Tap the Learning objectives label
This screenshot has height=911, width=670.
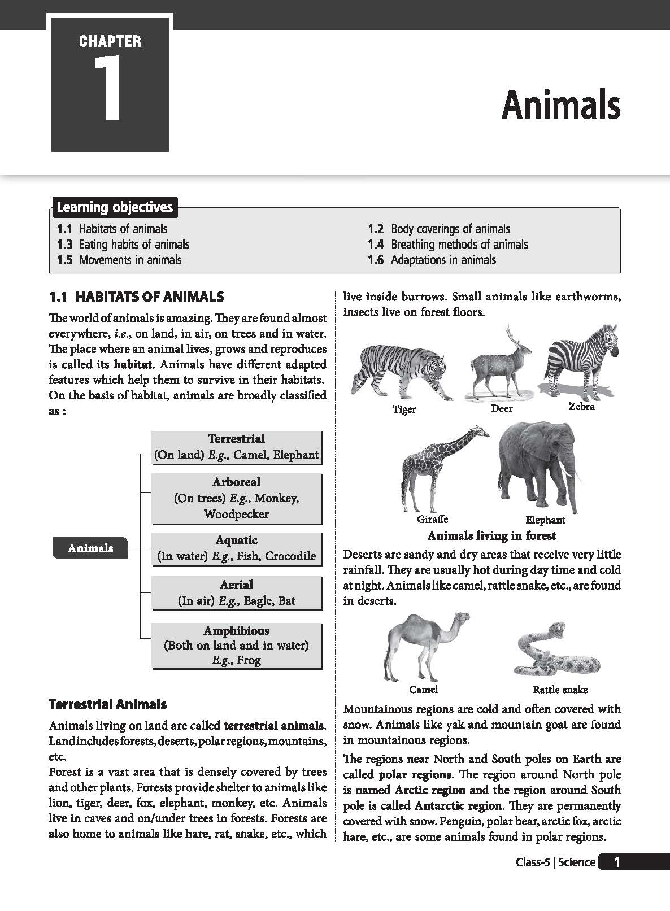(x=115, y=207)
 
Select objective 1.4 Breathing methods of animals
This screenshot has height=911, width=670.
(x=447, y=245)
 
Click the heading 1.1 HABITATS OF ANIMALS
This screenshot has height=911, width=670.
(x=136, y=297)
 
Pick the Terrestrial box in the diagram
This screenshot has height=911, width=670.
(x=236, y=447)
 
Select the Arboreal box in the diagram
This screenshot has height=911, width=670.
(x=236, y=498)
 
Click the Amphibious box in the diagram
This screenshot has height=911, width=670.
(x=236, y=645)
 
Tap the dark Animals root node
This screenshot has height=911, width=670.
(x=90, y=548)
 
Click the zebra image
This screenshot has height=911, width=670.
(x=579, y=361)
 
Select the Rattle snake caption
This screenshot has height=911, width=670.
(x=560, y=690)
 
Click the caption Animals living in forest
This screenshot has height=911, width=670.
(x=491, y=535)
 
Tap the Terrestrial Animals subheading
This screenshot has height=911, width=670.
(x=107, y=704)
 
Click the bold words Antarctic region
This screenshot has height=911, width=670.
(x=458, y=806)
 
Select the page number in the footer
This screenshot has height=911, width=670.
(x=617, y=862)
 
